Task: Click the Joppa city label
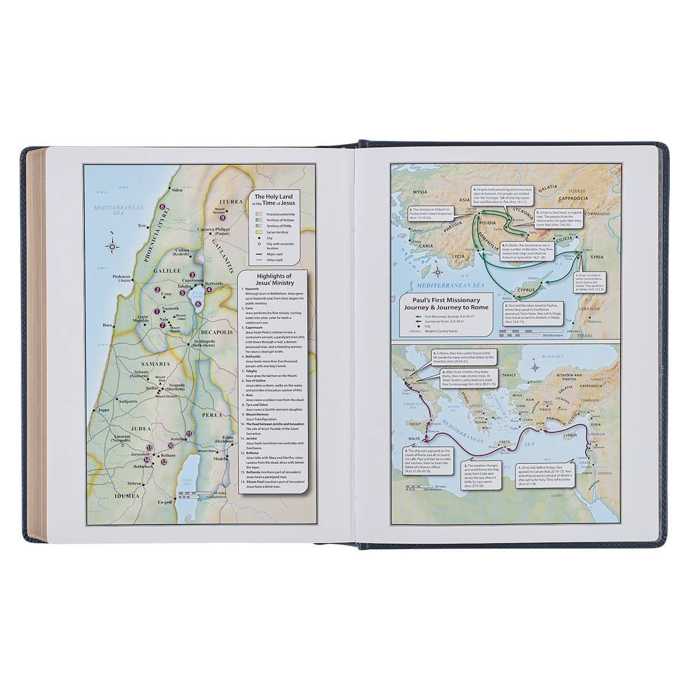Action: tap(105, 410)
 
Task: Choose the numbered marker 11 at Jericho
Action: tap(189, 434)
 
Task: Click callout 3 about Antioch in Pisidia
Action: tap(429, 212)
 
